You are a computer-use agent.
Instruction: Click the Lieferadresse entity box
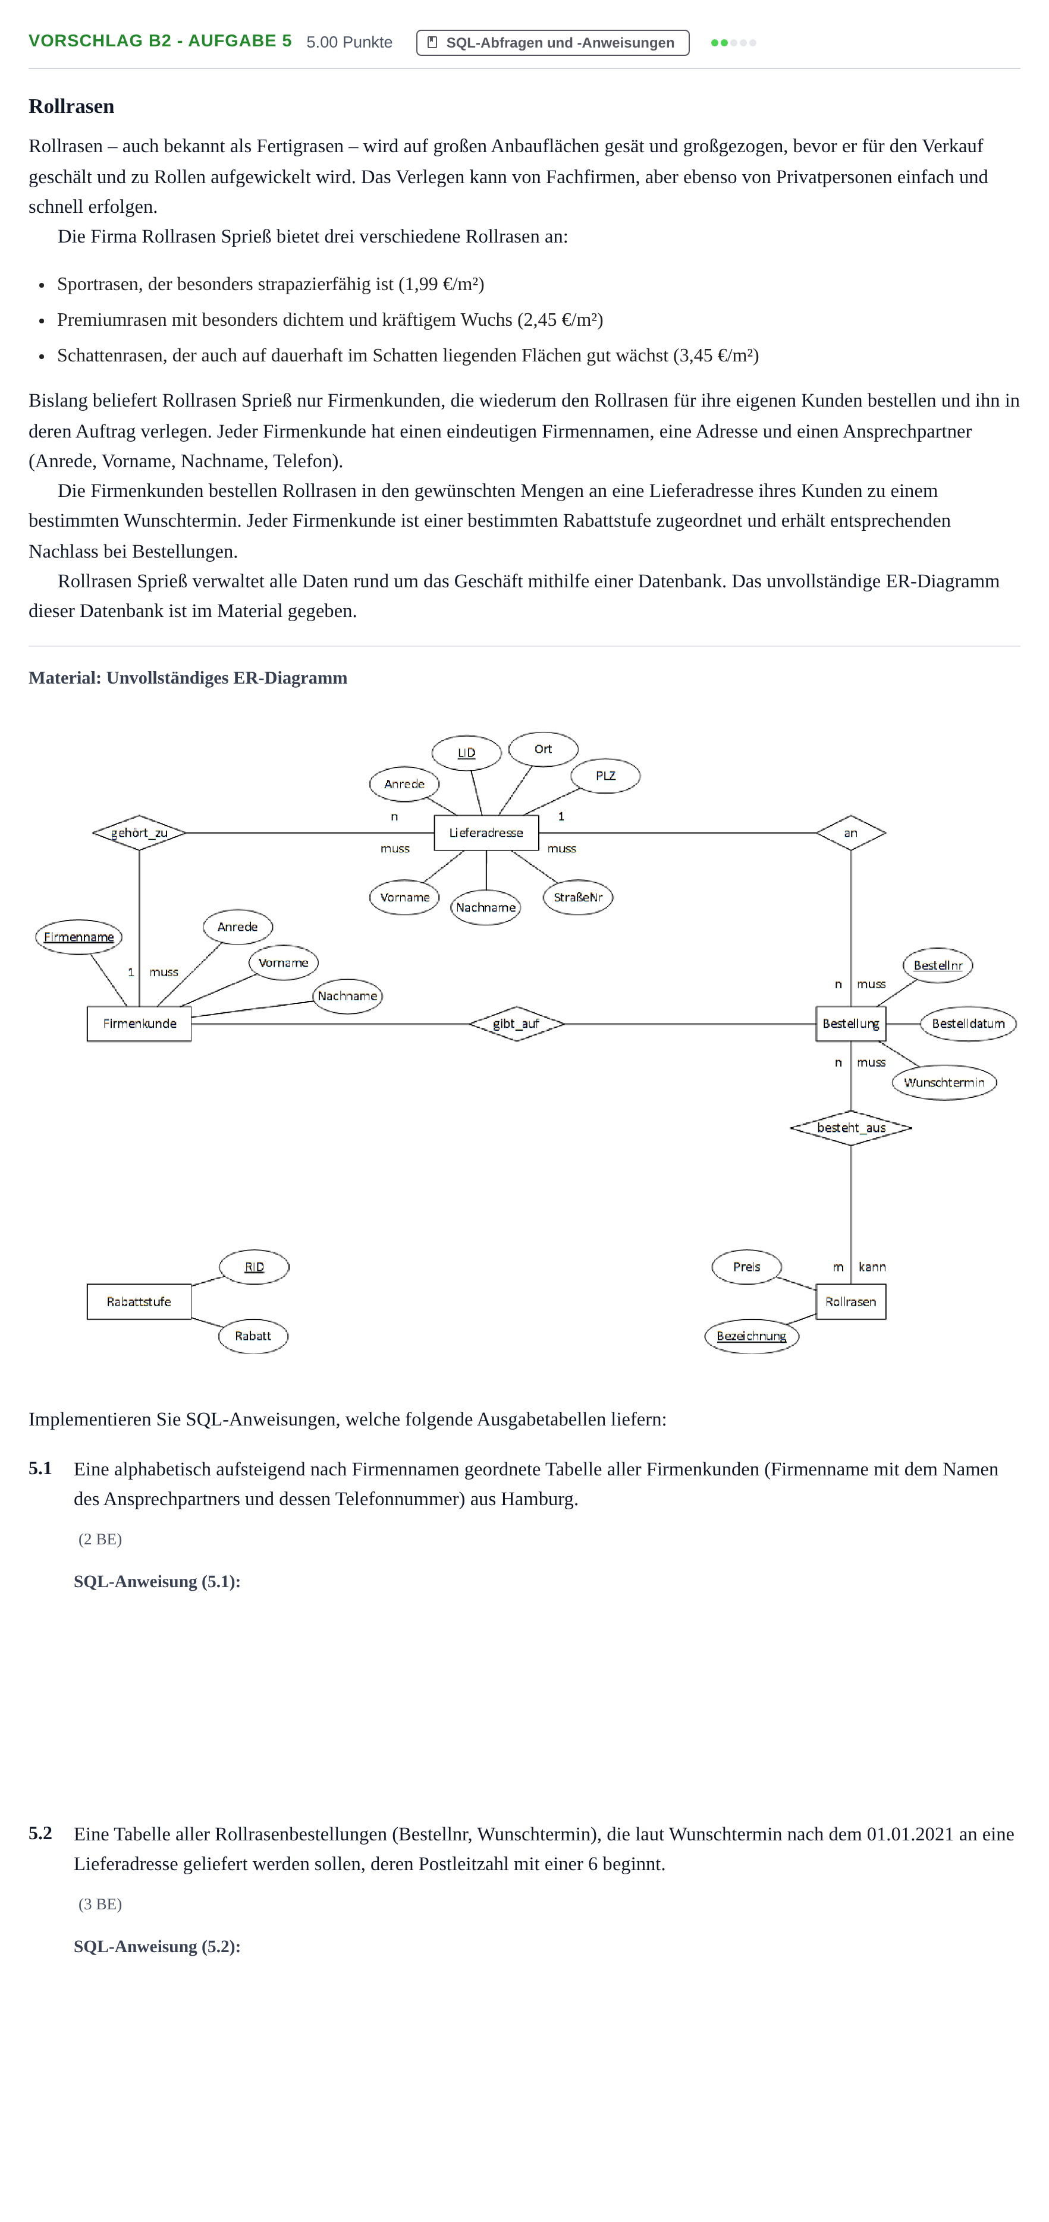point(486,832)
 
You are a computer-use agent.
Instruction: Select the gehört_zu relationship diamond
point(139,832)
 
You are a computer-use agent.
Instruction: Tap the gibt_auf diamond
point(516,1024)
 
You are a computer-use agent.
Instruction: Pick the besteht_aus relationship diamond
point(850,1128)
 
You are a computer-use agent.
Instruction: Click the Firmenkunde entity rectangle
point(139,1024)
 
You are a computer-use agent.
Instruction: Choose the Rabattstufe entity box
point(139,1302)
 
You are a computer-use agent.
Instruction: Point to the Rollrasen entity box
point(850,1302)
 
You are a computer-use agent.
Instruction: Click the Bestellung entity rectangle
point(850,1024)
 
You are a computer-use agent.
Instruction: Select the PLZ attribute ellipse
point(605,776)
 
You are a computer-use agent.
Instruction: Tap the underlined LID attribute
point(466,752)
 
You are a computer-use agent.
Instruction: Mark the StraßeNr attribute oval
point(578,897)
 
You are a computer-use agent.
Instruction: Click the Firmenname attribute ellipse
point(78,937)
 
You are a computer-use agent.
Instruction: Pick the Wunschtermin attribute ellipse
point(944,1082)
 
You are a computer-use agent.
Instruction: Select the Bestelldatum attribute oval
point(968,1024)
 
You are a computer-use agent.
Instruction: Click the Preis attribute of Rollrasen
point(746,1266)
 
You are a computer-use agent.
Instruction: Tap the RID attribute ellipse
point(253,1266)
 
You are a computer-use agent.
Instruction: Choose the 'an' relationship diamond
point(850,832)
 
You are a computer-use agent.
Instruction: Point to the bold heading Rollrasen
point(71,106)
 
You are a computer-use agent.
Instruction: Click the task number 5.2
point(40,1833)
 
